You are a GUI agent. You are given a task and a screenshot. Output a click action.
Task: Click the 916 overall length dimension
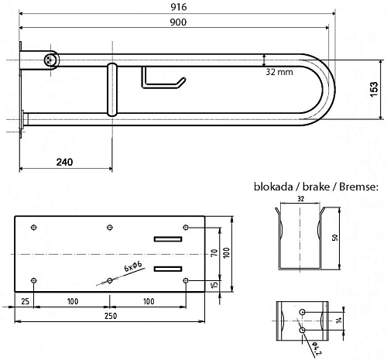179,7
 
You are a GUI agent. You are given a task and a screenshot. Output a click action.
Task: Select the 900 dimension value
178,22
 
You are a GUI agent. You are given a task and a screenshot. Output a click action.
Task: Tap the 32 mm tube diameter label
279,72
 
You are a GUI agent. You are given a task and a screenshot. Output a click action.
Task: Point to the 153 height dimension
374,89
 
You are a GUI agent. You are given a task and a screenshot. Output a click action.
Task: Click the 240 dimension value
64,162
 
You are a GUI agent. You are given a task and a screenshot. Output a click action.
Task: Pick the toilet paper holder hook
163,77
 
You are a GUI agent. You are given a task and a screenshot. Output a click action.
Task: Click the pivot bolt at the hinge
50,60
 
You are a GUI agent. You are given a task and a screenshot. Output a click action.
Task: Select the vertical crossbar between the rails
112,90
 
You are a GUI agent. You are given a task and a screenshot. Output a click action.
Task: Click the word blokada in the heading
273,187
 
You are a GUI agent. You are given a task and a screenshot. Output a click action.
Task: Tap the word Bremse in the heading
358,187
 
